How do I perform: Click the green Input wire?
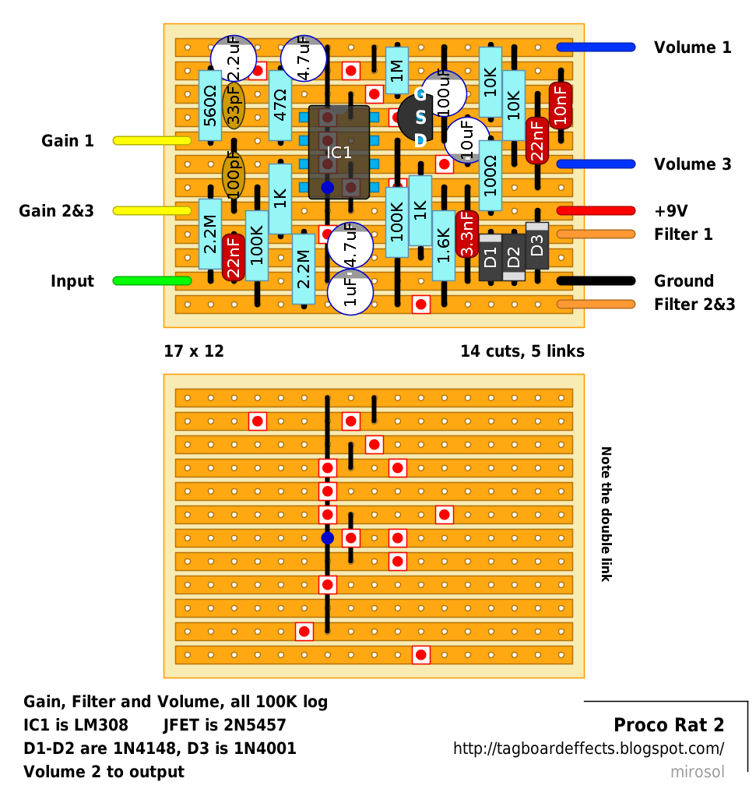pyautogui.click(x=152, y=280)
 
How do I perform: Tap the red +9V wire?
pyautogui.click(x=596, y=210)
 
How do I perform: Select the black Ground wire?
pyautogui.click(x=596, y=280)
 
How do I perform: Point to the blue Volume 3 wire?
pyautogui.click(x=596, y=164)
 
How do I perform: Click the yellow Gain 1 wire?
pyautogui.click(x=152, y=140)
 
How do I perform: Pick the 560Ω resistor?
pyautogui.click(x=210, y=105)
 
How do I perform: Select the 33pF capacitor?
pyautogui.click(x=234, y=106)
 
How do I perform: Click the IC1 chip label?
pyautogui.click(x=339, y=152)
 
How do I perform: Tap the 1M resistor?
pyautogui.click(x=397, y=71)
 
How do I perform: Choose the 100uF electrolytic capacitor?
pyautogui.click(x=444, y=93)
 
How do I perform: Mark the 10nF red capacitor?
pyautogui.click(x=561, y=105)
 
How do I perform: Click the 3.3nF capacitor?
pyautogui.click(x=467, y=234)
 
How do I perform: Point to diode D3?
pyautogui.click(x=537, y=246)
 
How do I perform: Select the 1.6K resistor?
pyautogui.click(x=444, y=246)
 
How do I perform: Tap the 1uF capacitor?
pyautogui.click(x=350, y=292)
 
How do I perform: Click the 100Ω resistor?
pyautogui.click(x=491, y=176)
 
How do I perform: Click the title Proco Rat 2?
pyautogui.click(x=669, y=724)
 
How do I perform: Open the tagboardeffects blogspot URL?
pyautogui.click(x=589, y=748)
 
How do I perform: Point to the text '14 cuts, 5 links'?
pyautogui.click(x=522, y=351)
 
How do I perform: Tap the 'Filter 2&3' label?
pyautogui.click(x=694, y=305)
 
